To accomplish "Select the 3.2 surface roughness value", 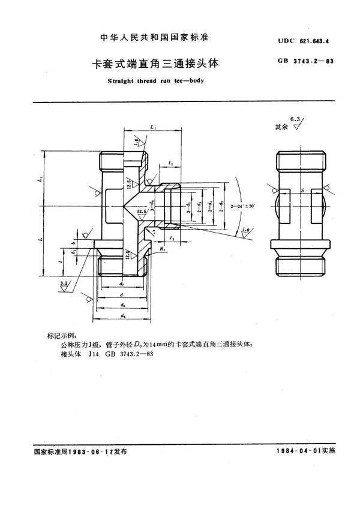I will pos(64,281).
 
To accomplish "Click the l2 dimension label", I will pos(172,162).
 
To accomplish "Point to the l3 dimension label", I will pos(172,239).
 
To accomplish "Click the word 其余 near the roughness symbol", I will pos(281,127).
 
